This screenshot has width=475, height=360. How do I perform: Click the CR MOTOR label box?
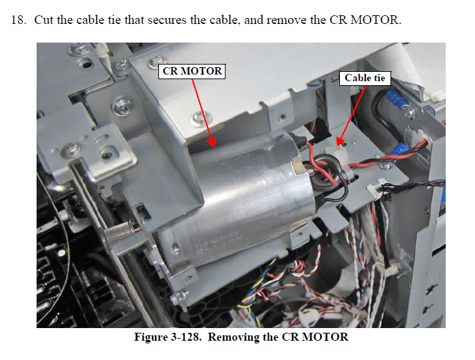[192, 71]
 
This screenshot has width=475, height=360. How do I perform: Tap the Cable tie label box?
[365, 78]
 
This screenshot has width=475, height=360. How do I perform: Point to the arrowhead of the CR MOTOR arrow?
[212, 142]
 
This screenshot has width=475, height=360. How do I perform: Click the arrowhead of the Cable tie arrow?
[341, 140]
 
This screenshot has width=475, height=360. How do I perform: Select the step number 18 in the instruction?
[18, 20]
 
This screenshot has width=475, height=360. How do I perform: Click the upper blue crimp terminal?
[395, 98]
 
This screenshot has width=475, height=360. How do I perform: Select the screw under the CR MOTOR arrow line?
[200, 118]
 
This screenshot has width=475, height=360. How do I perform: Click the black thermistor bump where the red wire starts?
[298, 139]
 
